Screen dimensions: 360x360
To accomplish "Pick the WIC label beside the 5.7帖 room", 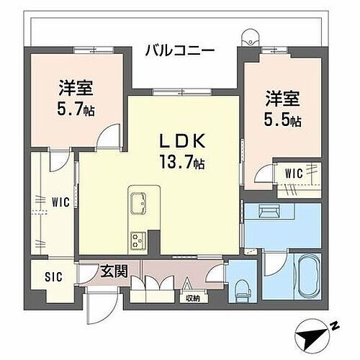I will click(60, 202).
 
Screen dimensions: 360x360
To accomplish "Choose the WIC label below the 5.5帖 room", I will click(293, 173).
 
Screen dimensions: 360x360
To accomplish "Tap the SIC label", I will click(54, 275).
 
